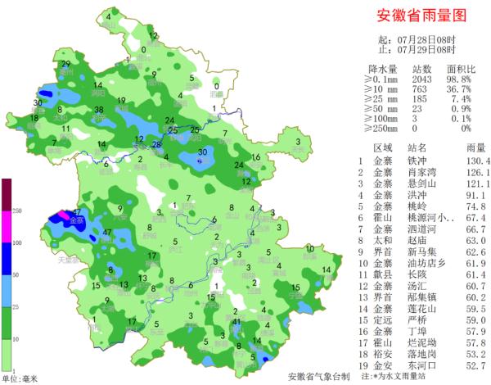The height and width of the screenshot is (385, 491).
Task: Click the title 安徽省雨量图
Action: click(420, 16)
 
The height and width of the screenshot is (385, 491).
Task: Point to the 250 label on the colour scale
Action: click(15, 211)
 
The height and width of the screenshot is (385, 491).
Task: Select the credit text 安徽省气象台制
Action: click(318, 376)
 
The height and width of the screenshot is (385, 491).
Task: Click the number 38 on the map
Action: click(99, 110)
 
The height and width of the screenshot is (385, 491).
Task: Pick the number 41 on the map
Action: click(236, 324)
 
